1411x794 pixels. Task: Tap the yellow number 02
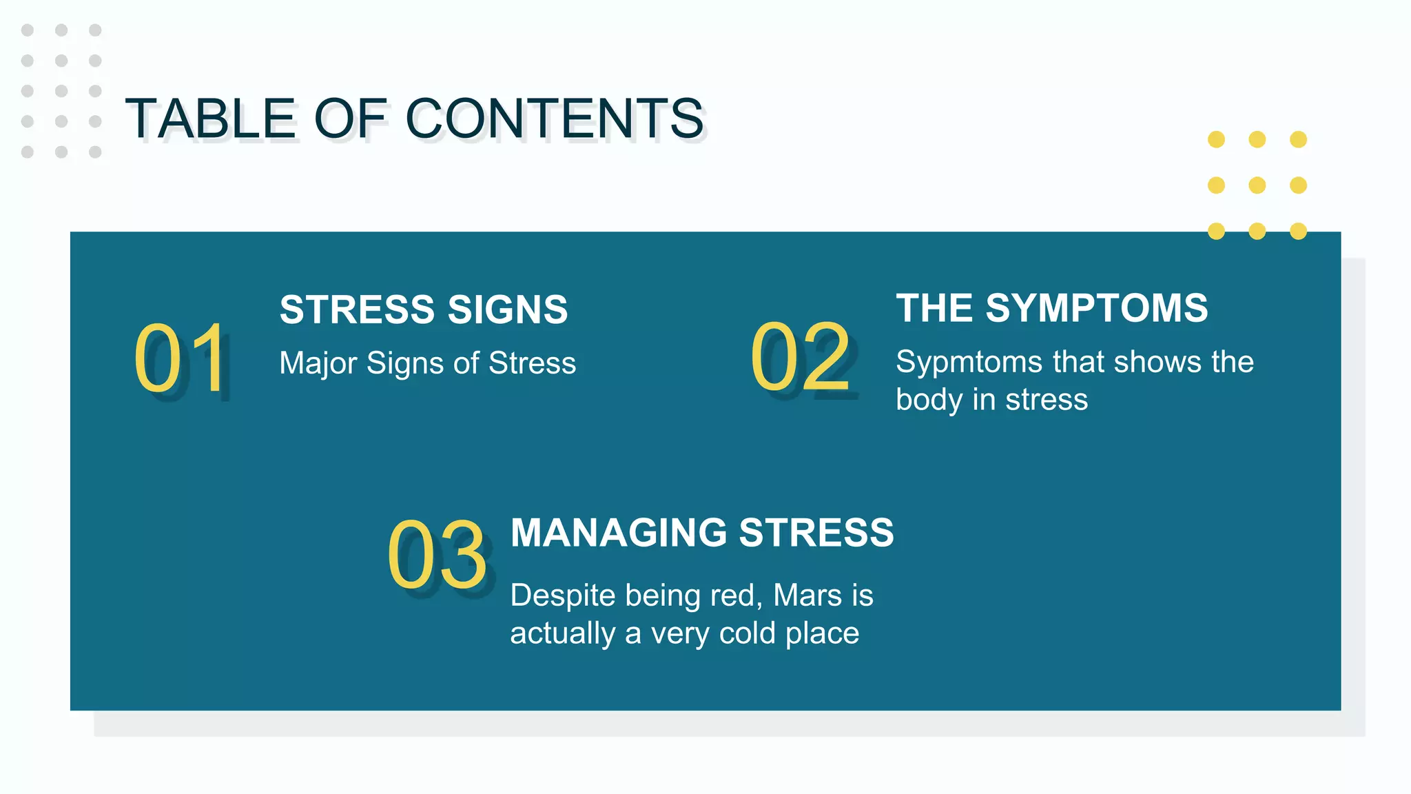click(x=801, y=357)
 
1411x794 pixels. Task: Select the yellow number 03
click(x=437, y=556)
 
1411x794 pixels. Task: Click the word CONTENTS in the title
click(x=555, y=119)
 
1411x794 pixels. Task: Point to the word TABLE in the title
click(x=212, y=119)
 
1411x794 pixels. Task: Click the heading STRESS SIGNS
click(x=424, y=309)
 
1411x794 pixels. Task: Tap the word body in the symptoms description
click(x=929, y=400)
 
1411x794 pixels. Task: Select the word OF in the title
click(x=351, y=119)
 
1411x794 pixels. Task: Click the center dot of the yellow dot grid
click(x=1257, y=185)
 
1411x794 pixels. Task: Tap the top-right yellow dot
click(x=1298, y=140)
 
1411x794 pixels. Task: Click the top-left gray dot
click(x=28, y=30)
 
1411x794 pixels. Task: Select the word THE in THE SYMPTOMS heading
click(x=934, y=308)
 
